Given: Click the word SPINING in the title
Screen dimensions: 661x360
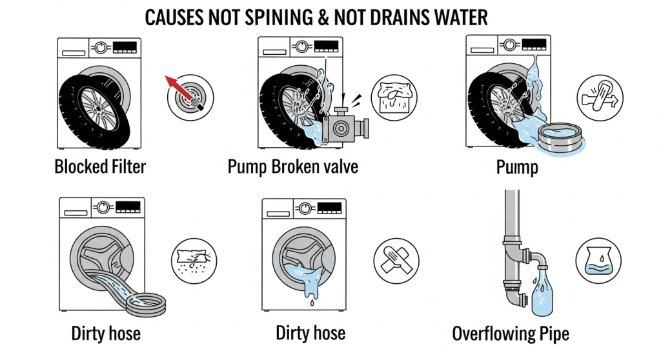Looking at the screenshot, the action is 279,17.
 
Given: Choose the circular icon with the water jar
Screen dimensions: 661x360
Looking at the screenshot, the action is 598,261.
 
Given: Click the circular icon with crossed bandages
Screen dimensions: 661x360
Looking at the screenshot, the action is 396,261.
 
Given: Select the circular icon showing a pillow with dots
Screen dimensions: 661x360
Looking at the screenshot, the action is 194,261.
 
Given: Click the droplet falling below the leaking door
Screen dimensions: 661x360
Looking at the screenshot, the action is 312,302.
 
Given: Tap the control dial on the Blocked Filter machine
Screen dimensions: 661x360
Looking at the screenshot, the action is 101,48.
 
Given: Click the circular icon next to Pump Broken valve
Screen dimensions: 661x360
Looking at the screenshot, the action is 394,97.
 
